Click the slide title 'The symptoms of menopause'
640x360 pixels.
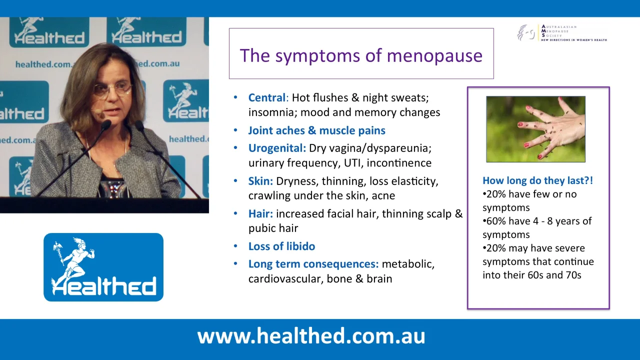361,55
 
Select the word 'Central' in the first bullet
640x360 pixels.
267,98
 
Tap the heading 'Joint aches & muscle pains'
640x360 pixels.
316,130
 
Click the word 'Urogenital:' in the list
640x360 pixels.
277,148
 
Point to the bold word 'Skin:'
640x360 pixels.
260,181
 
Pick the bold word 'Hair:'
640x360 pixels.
260,214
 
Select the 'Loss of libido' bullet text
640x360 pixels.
281,246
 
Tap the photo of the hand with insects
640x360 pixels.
535,129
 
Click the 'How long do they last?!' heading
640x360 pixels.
537,180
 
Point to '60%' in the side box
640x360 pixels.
495,221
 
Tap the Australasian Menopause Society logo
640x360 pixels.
561,33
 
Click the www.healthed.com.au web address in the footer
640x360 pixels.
311,336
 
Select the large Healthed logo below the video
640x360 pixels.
103,267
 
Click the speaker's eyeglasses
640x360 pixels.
112,90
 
